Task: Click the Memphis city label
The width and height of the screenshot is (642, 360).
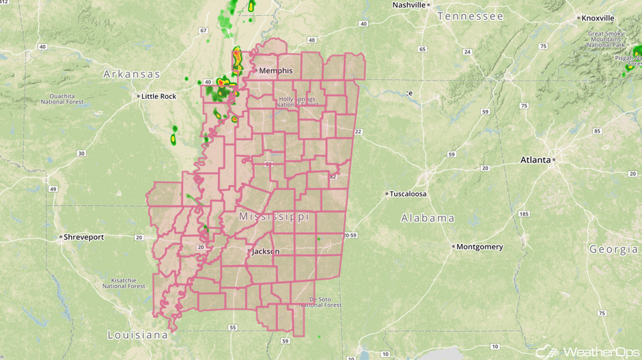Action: [275, 70]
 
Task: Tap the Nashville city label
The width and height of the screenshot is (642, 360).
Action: [408, 5]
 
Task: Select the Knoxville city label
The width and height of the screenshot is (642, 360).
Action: [598, 18]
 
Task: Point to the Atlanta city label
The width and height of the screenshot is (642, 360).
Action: [535, 160]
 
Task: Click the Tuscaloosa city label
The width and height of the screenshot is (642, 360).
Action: [408, 194]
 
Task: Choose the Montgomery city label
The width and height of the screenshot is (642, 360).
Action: [479, 247]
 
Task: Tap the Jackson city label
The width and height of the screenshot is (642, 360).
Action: [266, 251]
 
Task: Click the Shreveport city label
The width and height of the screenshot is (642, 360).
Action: [83, 237]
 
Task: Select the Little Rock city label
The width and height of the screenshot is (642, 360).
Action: [159, 96]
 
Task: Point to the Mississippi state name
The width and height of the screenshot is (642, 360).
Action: [274, 217]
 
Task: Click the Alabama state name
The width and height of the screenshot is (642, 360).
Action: [428, 219]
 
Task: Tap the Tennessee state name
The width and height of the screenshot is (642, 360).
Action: [470, 16]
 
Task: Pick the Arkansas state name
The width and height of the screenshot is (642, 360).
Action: [132, 74]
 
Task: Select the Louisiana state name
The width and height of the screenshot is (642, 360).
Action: [137, 335]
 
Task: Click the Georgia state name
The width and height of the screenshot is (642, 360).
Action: [613, 250]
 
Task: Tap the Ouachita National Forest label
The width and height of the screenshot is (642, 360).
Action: [61, 97]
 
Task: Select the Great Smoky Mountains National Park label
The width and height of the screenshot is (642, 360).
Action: [606, 40]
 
